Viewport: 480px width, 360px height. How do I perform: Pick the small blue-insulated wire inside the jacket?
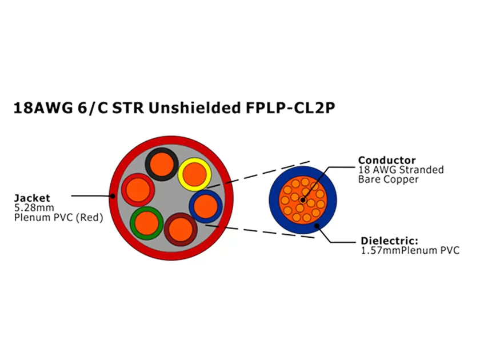click(205, 206)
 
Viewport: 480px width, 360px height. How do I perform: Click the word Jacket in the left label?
click(32, 198)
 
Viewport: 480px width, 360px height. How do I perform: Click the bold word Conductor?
click(387, 160)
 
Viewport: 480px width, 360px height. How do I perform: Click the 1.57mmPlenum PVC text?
click(410, 250)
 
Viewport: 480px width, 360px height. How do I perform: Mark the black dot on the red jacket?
click(113, 196)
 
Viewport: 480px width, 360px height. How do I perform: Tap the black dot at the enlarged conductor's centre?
click(302, 199)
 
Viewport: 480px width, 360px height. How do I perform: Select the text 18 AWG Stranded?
click(401, 170)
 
